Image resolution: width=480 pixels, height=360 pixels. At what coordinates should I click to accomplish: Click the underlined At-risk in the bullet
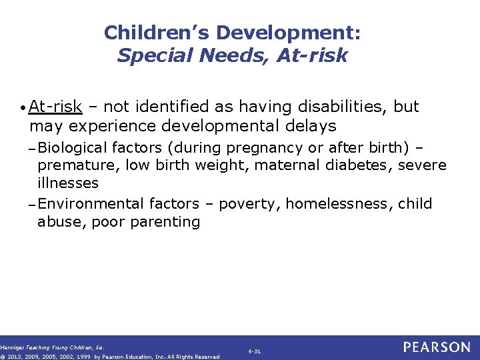tap(56, 107)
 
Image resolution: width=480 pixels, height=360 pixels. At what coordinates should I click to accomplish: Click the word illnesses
tap(68, 183)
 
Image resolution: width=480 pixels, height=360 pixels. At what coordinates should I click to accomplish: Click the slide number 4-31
tap(254, 350)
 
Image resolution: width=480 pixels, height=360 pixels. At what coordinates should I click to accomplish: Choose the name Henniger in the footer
tap(12, 347)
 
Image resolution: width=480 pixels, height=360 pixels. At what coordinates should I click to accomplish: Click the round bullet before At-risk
tap(23, 108)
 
